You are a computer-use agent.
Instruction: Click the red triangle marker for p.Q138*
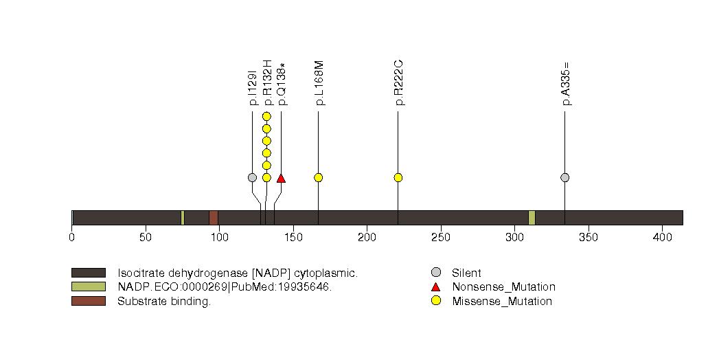281,178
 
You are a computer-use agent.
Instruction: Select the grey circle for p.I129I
252,177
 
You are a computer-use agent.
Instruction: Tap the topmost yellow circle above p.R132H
266,116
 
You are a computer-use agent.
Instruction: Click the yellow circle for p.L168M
318,177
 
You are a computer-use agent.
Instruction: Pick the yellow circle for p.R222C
398,177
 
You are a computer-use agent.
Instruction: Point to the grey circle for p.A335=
564,177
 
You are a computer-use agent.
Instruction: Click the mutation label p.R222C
398,83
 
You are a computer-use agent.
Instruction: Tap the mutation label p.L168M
319,83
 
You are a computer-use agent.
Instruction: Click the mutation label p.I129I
253,87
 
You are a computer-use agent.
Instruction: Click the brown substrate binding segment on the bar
214,217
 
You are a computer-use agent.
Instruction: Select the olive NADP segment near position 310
532,217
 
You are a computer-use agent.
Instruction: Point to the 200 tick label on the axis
367,238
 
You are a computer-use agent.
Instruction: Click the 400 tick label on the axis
662,238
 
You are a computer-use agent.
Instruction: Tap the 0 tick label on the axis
72,238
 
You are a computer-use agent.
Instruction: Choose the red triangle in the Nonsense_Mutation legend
435,286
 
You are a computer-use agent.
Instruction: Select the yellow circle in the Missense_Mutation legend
435,301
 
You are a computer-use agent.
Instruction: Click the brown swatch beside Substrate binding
88,301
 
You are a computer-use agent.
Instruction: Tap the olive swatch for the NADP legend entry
88,286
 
